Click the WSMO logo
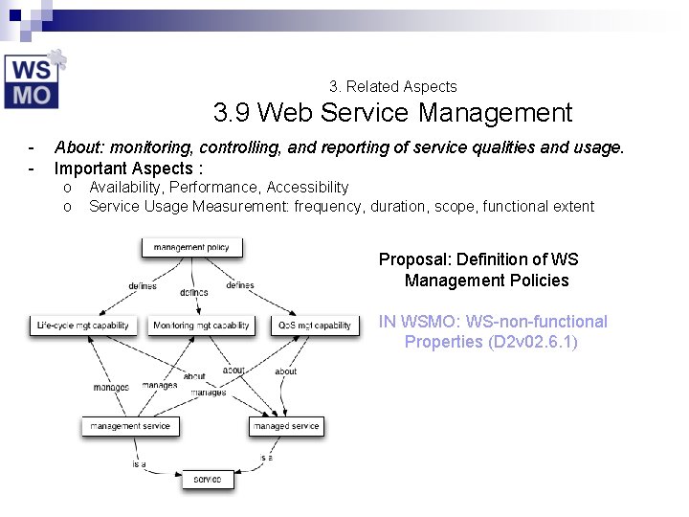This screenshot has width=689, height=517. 34,79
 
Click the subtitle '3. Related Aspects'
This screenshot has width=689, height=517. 392,86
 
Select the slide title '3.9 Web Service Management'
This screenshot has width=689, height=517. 392,114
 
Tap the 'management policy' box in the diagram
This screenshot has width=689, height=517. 191,247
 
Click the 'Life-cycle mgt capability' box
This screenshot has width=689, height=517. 83,326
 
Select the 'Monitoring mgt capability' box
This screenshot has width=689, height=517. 201,326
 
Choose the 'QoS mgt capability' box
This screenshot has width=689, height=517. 315,326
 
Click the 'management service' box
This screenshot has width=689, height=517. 130,426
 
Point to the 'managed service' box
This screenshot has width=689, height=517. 286,426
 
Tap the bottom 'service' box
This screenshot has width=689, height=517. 208,479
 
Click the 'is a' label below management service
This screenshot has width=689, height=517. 139,464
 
